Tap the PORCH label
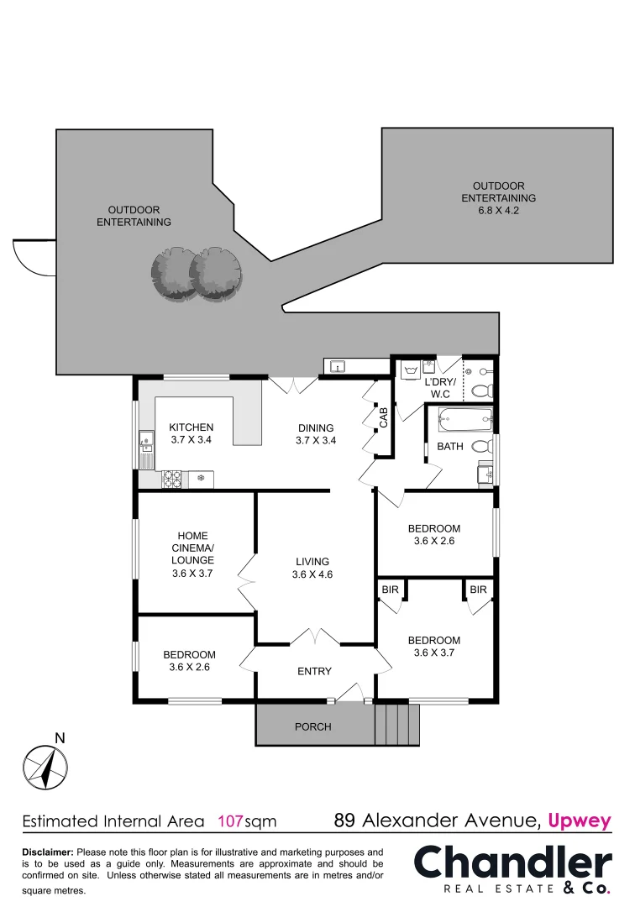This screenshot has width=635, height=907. (x=312, y=726)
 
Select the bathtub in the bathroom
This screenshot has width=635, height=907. (x=464, y=420)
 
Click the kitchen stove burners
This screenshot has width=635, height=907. (x=173, y=480)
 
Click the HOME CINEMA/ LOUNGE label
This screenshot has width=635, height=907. (x=192, y=548)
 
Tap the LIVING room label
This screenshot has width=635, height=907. (x=312, y=562)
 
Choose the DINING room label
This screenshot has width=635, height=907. (x=316, y=427)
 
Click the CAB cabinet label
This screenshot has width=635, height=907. (x=383, y=418)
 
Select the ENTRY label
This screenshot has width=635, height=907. (x=314, y=671)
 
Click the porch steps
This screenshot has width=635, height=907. (x=396, y=724)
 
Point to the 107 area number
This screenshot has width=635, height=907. (x=231, y=820)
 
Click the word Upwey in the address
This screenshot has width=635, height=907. (x=580, y=820)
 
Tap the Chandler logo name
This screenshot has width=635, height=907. (x=513, y=862)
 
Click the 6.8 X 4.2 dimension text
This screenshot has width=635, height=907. (x=498, y=211)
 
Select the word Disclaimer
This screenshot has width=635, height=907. (x=47, y=852)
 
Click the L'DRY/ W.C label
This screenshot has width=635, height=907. (x=439, y=387)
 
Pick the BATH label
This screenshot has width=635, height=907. (x=450, y=447)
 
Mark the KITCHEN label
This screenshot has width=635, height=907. (x=192, y=427)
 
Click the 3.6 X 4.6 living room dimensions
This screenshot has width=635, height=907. (x=312, y=575)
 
